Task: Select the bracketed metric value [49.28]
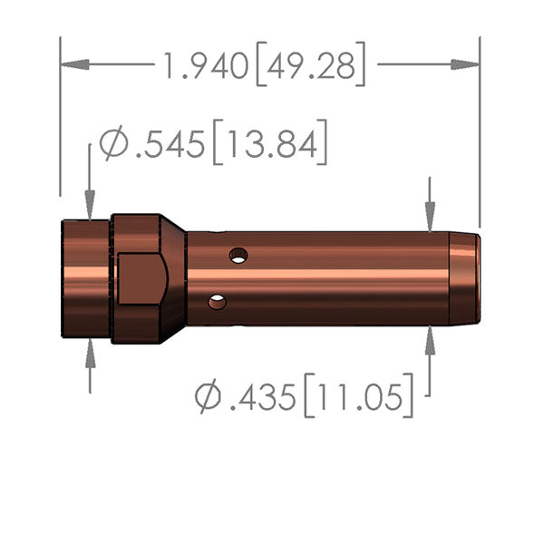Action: [310, 67]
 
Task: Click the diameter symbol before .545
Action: [113, 146]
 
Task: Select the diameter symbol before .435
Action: [207, 396]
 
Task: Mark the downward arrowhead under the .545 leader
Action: [90, 208]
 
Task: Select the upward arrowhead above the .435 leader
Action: [430, 337]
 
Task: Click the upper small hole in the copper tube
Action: [238, 256]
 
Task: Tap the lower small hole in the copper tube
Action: [217, 302]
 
